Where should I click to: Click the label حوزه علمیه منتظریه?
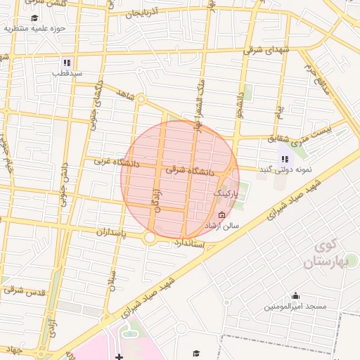pos(34,29)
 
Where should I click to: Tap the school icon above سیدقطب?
pos(67,62)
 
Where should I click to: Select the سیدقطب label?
pos(70,73)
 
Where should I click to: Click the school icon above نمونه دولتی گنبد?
pos(284,159)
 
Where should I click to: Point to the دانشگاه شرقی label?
pos(186,169)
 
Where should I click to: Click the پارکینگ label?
pos(226,191)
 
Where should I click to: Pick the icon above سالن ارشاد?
pos(222,215)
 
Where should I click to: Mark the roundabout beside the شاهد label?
pos(141,100)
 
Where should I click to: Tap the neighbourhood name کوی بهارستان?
pos(323,255)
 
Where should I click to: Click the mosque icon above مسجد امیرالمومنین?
pos(295,295)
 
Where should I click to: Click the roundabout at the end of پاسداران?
pos(150,238)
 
